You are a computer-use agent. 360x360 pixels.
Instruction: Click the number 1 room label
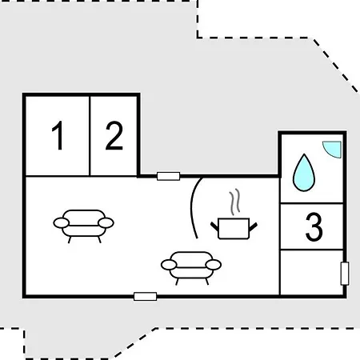click(58, 135)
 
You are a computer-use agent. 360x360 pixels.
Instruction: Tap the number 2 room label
click(114, 135)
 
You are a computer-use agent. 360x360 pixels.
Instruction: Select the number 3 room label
click(314, 226)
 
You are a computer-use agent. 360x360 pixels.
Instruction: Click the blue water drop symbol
click(304, 173)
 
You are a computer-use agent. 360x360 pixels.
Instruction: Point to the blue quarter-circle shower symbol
click(334, 149)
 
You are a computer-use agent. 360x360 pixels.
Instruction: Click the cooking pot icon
click(234, 228)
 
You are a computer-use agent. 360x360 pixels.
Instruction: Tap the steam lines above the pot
click(234, 202)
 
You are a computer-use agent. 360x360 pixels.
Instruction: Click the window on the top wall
click(168, 176)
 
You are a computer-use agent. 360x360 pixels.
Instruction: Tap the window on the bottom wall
click(145, 296)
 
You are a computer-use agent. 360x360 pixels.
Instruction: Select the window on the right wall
click(345, 274)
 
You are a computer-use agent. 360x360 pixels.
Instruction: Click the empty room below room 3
click(311, 272)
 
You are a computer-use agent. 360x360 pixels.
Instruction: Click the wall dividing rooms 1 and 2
click(90, 136)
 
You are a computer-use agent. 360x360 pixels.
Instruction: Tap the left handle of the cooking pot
click(214, 226)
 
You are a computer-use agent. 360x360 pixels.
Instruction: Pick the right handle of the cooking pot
click(253, 226)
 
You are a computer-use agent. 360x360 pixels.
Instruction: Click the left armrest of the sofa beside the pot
click(169, 265)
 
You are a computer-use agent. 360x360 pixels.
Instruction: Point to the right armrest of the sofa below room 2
click(106, 222)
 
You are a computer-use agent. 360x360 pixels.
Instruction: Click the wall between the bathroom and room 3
click(311, 203)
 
